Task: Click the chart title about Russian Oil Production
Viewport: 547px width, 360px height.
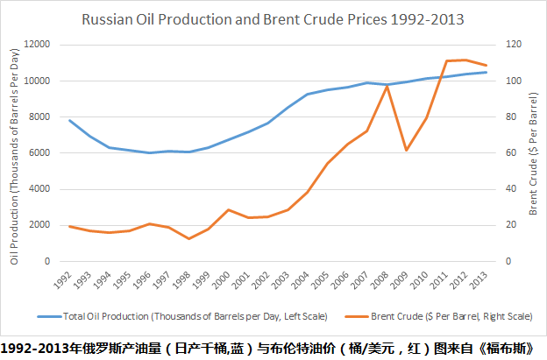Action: tap(273, 18)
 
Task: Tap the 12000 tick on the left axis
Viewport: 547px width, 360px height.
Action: tap(37, 45)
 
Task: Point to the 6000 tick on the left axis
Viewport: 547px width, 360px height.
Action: tap(39, 152)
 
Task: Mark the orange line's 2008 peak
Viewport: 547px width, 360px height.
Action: tap(387, 86)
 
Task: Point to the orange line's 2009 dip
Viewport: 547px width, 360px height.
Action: tap(406, 150)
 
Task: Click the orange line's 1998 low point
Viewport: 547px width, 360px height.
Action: tap(188, 238)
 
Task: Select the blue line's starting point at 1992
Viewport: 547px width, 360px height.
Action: tap(69, 120)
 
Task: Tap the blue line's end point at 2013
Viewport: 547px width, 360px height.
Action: tap(486, 72)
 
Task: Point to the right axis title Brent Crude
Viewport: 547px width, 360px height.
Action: tap(533, 153)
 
